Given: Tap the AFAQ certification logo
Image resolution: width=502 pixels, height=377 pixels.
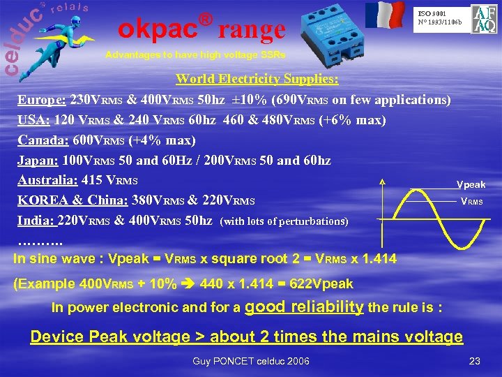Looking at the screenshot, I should tap(483, 20).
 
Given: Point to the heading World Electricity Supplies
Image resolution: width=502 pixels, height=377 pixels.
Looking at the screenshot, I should tap(257, 78).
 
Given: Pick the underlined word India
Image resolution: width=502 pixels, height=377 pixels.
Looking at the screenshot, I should tap(35, 220).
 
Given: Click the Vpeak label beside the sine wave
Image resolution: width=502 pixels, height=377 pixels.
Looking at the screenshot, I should tap(471, 184).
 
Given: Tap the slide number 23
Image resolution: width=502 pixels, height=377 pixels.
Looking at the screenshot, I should tap(476, 361).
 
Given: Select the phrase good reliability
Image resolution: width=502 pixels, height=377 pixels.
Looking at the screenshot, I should tap(305, 306).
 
